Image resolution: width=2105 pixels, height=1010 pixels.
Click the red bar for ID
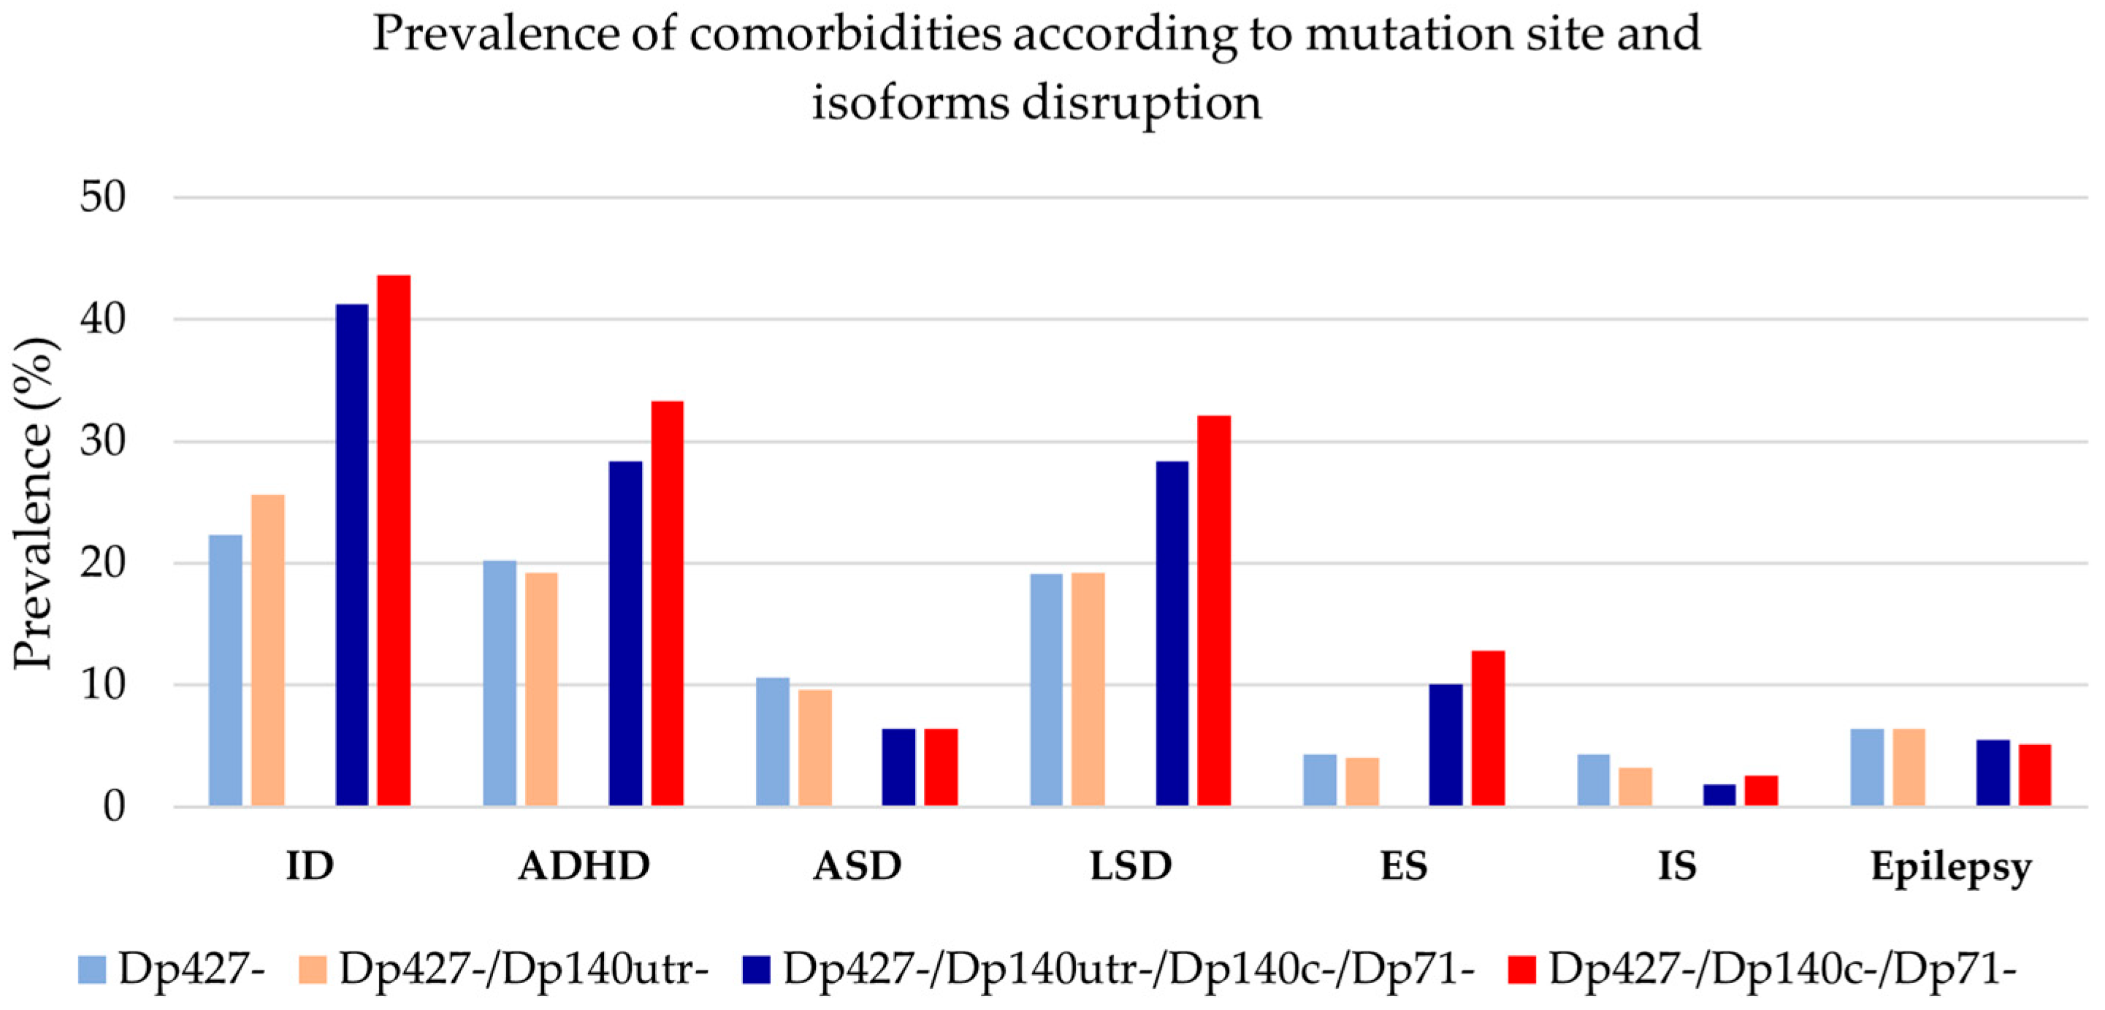click(x=393, y=541)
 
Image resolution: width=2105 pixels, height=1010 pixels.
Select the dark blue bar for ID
click(x=351, y=556)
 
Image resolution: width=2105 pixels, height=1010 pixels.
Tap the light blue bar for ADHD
click(x=500, y=683)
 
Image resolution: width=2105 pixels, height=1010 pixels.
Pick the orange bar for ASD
click(x=814, y=748)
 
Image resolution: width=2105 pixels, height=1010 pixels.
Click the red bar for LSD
click(x=1213, y=611)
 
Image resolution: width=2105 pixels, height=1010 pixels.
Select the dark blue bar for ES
click(x=1445, y=745)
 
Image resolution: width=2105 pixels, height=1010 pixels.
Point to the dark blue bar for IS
click(x=1719, y=795)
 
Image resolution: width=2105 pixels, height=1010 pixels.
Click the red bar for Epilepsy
click(x=2035, y=775)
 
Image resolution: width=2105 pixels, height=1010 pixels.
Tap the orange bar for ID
click(x=267, y=651)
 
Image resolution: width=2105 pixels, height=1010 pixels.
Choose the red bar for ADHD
click(x=667, y=604)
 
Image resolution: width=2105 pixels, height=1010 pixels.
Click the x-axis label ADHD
click(x=584, y=866)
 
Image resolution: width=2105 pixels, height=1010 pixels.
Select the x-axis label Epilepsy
click(x=1951, y=868)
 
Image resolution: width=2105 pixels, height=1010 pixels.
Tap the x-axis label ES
click(x=1404, y=866)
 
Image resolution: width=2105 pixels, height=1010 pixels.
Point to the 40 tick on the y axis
click(x=103, y=318)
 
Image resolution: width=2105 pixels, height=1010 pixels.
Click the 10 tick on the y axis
click(x=103, y=685)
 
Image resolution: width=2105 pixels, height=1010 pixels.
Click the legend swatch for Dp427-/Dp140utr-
click(x=312, y=969)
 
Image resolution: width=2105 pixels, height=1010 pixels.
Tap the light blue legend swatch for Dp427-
click(x=91, y=969)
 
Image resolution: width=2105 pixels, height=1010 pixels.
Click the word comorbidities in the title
click(x=845, y=34)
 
